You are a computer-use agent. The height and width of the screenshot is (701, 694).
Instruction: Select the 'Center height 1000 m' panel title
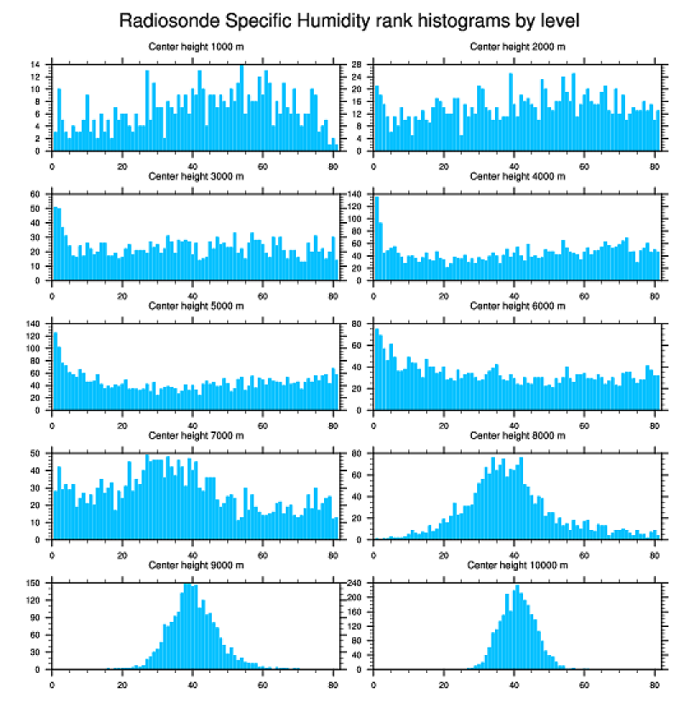[196, 46]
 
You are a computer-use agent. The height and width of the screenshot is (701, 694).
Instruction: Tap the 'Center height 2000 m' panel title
[517, 46]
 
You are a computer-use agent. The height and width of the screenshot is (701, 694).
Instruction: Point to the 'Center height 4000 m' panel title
[517, 177]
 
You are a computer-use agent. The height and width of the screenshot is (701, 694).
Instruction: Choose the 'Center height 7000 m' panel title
[196, 436]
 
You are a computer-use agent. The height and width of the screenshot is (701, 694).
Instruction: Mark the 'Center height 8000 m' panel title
[517, 436]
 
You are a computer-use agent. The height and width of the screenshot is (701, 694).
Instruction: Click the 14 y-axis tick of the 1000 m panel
[36, 65]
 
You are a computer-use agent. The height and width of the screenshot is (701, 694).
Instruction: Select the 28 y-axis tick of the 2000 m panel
[358, 65]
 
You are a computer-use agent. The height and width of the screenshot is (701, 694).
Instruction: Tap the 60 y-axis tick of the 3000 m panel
[36, 194]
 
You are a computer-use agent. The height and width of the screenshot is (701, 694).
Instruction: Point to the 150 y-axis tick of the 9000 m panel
[34, 583]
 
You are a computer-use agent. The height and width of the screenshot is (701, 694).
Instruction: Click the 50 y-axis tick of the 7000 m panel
[36, 453]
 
